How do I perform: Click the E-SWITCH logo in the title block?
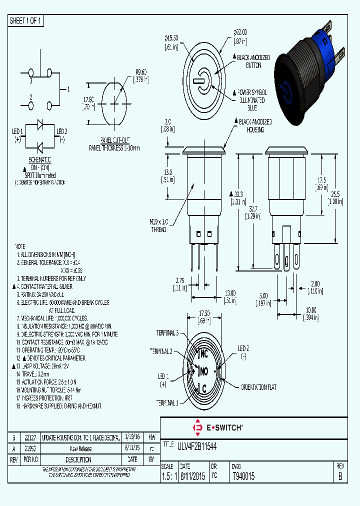point(217,427)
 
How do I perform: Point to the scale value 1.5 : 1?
point(170,477)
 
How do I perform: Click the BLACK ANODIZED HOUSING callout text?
point(255,125)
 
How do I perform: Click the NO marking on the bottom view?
point(204,371)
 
